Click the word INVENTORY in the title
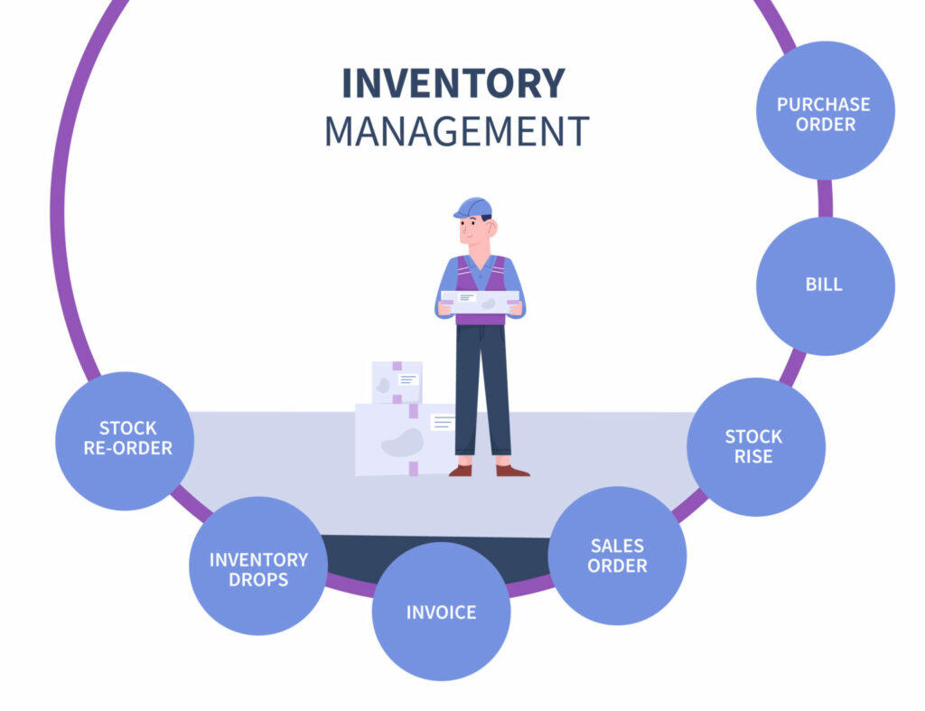[453, 84]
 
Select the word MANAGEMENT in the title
[456, 132]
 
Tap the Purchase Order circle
[825, 111]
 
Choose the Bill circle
[824, 285]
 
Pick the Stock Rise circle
[755, 447]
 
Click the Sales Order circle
[618, 556]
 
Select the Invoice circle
[441, 612]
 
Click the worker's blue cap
[474, 207]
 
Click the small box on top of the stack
[397, 382]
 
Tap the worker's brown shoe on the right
[511, 471]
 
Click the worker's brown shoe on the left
[461, 471]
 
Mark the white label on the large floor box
[443, 422]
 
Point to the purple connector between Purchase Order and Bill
[825, 199]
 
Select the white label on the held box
[466, 297]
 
